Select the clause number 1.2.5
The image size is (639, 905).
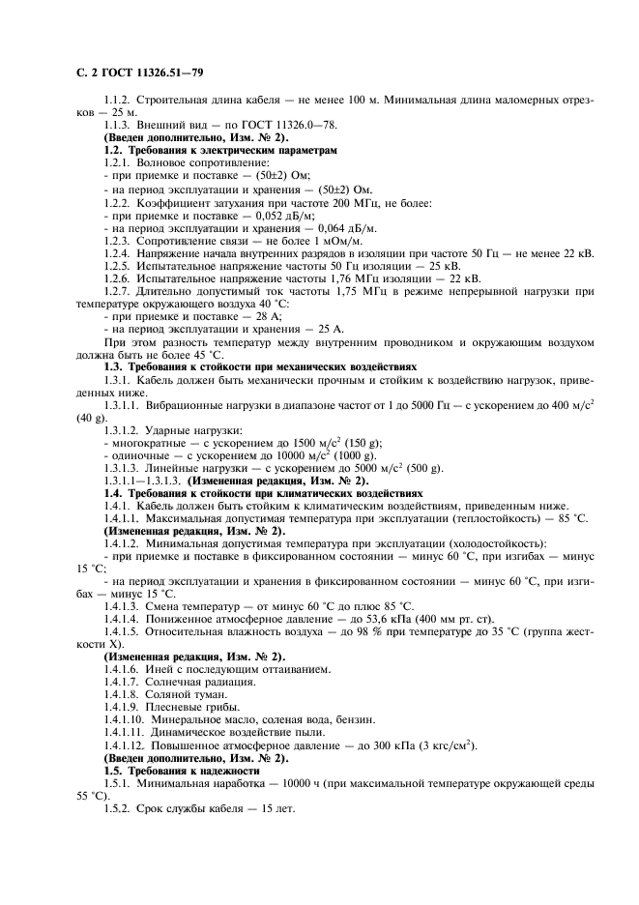point(119,265)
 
